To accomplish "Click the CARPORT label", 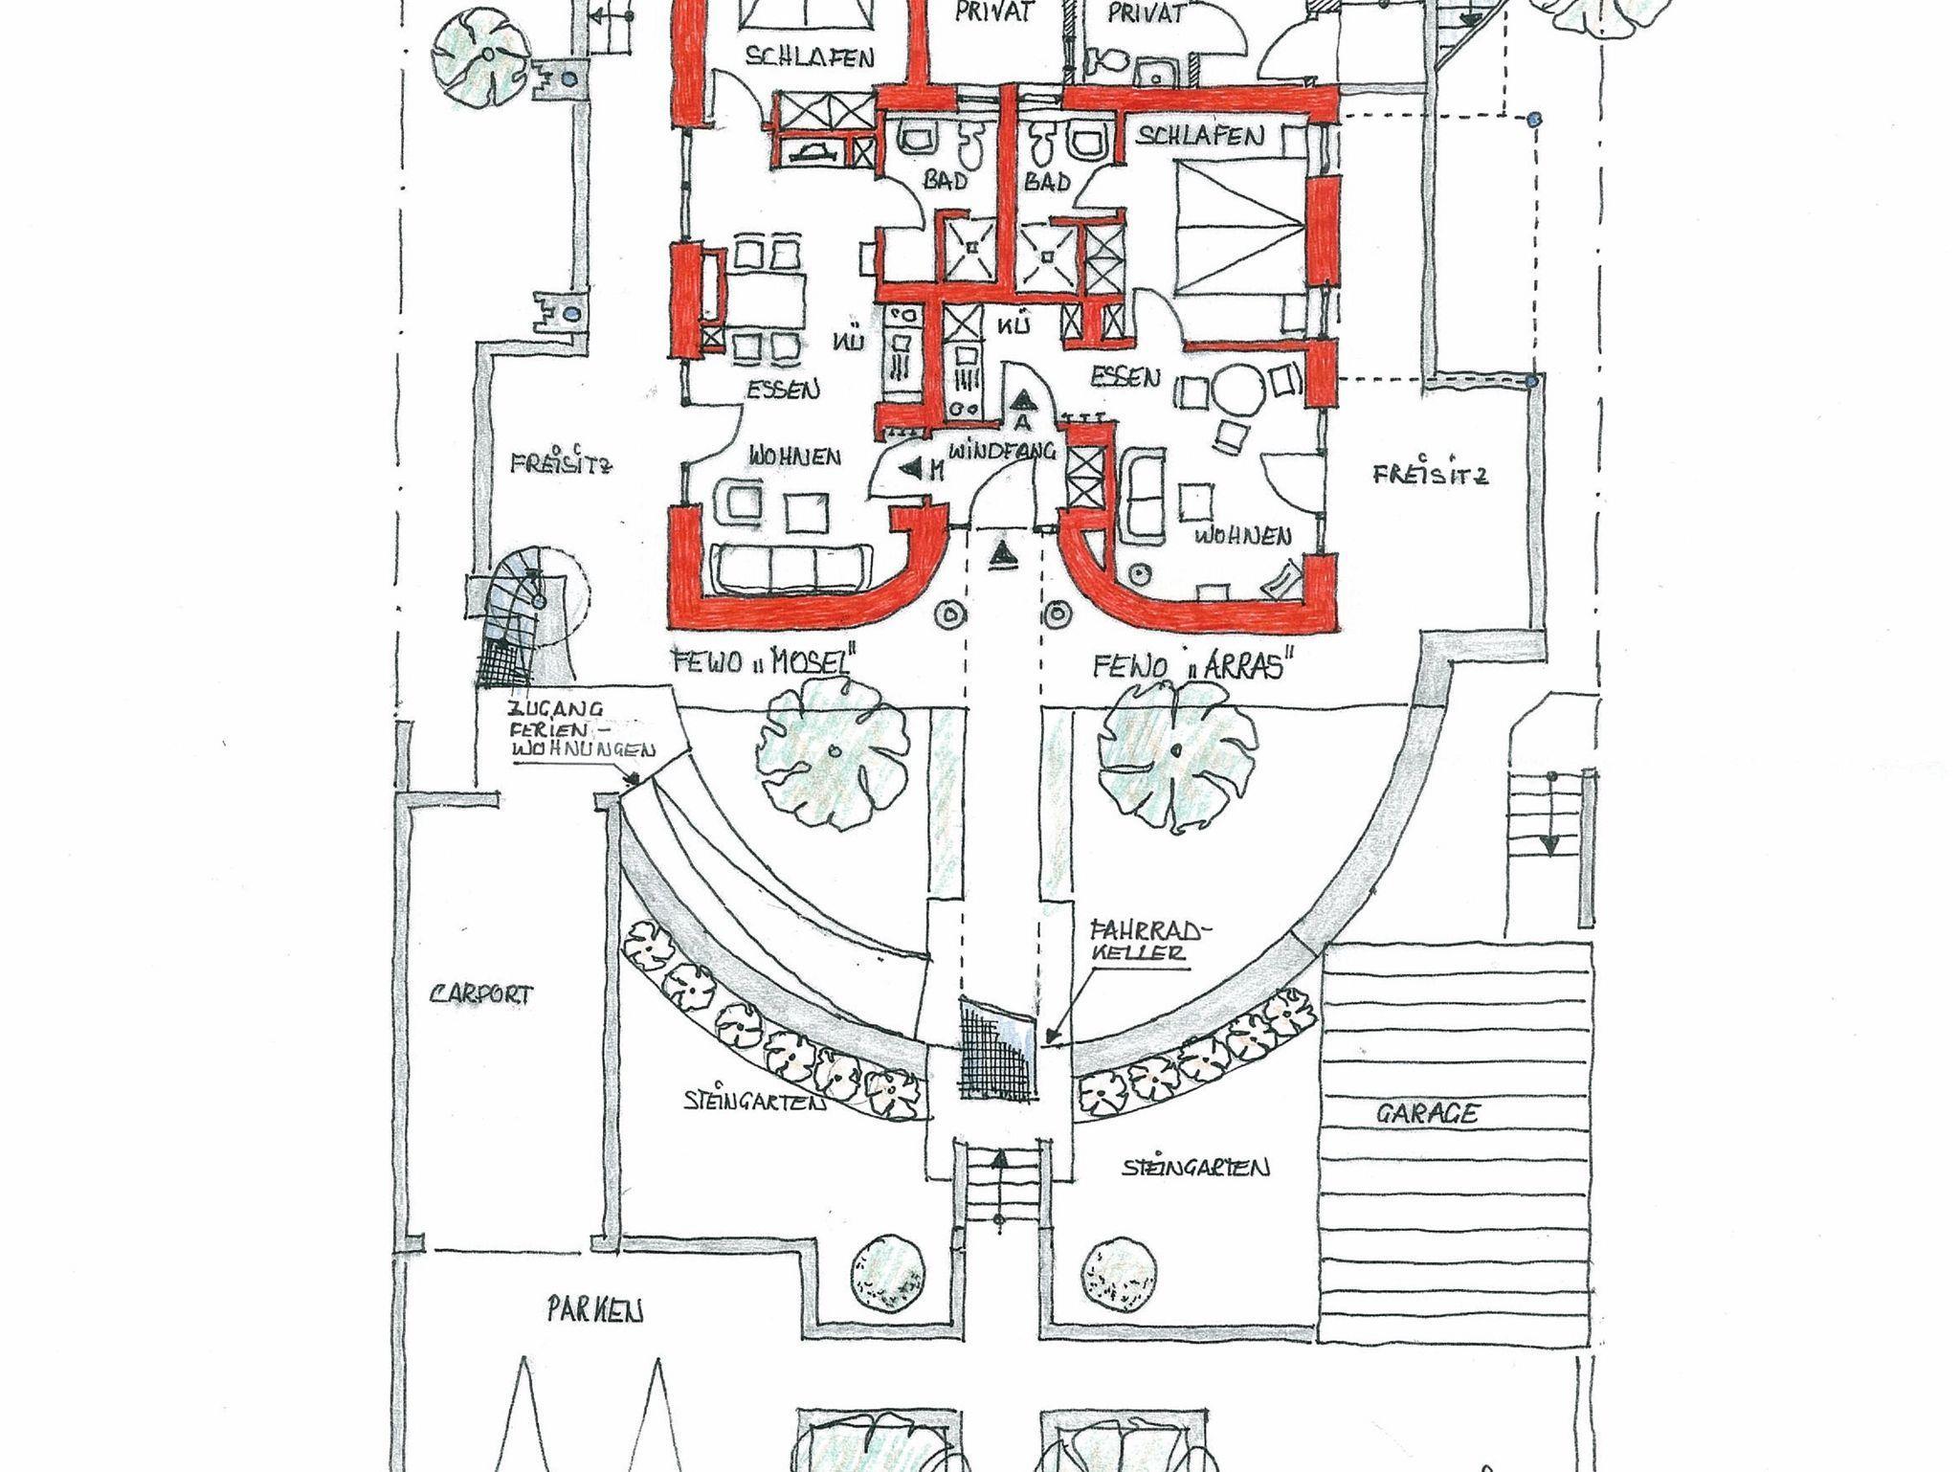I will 480,993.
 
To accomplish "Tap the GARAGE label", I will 1427,1113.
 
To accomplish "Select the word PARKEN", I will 594,1309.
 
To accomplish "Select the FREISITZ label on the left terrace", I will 561,466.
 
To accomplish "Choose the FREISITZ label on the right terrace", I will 1430,475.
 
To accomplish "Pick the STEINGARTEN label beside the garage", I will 1196,1169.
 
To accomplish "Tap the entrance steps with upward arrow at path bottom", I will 997,1193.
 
